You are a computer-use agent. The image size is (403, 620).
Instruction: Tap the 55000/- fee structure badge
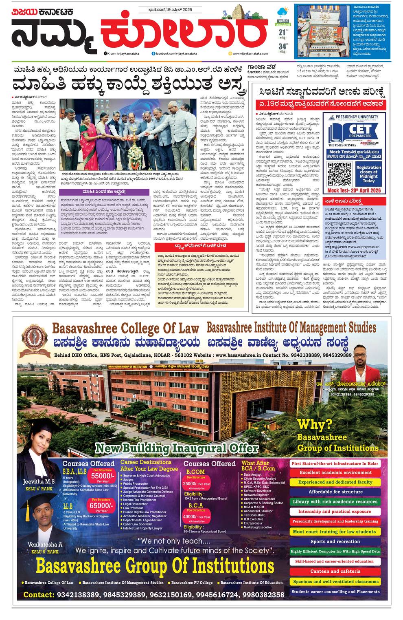pos(100,477)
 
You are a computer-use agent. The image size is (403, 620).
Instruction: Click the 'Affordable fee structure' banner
pos(335,492)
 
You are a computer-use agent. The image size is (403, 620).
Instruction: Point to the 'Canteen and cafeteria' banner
pos(335,571)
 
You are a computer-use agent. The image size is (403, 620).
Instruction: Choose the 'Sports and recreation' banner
pos(335,542)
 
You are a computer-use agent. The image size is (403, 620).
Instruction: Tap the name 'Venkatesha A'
pos(45,545)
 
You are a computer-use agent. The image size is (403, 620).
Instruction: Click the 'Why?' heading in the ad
pos(315,424)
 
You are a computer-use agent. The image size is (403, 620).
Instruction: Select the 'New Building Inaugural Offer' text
pos(177,449)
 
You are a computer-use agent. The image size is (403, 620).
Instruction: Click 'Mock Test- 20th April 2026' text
pos(353,190)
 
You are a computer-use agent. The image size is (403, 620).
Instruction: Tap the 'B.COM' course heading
pos(195,472)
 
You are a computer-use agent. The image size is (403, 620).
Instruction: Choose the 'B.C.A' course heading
pos(195,505)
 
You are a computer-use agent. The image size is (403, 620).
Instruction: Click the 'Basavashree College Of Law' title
pos(126,328)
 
